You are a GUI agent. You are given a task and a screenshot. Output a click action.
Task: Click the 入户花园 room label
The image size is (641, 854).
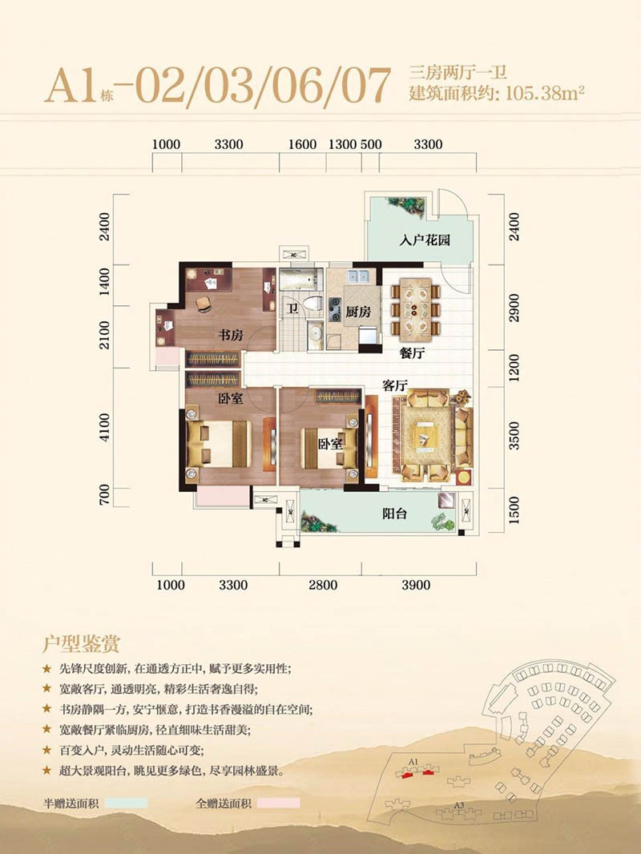(425, 240)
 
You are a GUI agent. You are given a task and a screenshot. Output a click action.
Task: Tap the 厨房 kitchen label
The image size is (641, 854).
(358, 312)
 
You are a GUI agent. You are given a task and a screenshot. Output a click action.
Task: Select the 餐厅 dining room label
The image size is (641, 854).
(412, 353)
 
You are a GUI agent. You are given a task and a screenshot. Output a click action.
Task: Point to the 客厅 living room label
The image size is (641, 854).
(395, 385)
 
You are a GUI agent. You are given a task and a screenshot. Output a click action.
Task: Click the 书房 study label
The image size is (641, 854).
(231, 335)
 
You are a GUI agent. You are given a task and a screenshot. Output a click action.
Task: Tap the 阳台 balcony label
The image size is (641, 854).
(394, 513)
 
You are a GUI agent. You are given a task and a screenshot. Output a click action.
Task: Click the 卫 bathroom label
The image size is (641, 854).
(293, 309)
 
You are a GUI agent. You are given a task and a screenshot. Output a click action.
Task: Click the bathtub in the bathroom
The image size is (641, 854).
(298, 280)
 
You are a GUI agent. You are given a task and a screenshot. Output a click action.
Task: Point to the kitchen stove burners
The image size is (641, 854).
(334, 309)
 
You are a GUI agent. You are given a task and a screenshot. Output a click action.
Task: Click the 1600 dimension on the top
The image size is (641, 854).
(302, 144)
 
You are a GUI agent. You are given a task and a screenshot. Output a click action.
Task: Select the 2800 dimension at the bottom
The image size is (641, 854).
(323, 585)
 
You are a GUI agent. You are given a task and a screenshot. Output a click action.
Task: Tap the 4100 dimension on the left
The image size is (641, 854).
(105, 428)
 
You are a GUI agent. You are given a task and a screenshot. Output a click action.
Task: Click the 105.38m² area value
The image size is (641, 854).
(545, 93)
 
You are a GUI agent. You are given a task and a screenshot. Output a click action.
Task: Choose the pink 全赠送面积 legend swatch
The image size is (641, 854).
(278, 803)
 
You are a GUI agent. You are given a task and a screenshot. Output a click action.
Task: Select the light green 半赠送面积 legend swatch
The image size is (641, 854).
(126, 803)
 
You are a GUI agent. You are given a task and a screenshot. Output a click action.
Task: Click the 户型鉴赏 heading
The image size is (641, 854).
(81, 644)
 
